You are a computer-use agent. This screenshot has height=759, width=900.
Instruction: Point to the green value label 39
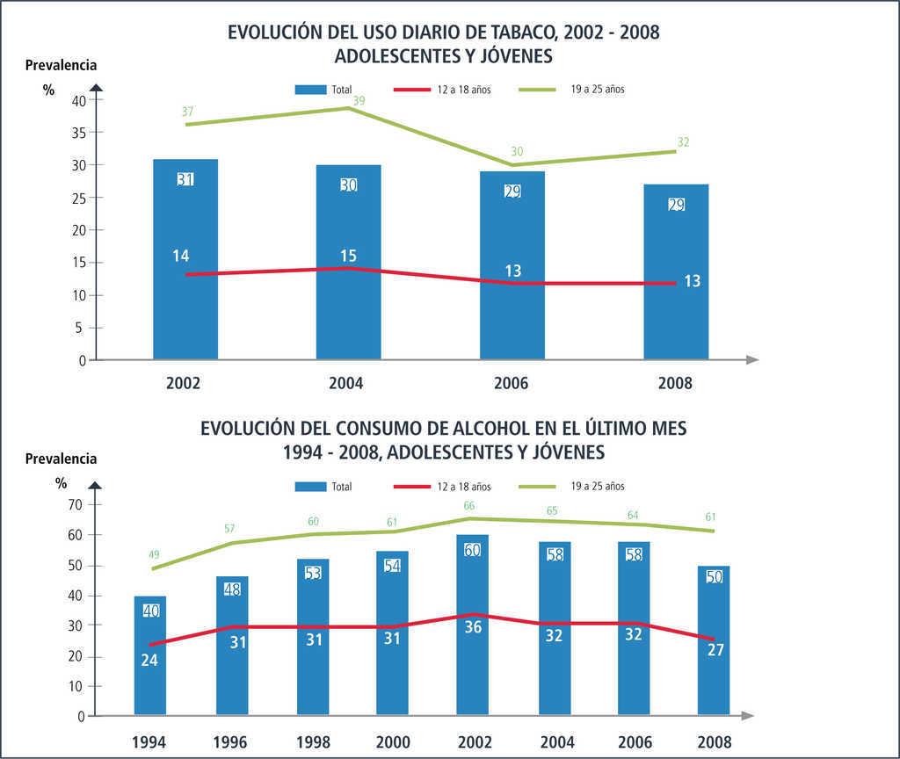(359, 100)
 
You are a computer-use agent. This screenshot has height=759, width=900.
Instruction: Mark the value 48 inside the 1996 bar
(232, 590)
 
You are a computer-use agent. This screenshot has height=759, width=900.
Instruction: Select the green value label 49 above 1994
(154, 555)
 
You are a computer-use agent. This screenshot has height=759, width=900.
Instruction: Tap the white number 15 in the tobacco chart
(348, 256)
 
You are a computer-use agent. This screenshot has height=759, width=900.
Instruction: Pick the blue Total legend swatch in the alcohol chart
(310, 486)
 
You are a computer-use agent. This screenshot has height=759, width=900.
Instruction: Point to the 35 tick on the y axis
(78, 133)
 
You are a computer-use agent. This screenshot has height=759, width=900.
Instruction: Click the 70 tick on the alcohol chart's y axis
(75, 505)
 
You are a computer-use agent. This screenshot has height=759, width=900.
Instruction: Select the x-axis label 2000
(392, 741)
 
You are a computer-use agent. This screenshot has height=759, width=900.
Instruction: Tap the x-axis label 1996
(230, 741)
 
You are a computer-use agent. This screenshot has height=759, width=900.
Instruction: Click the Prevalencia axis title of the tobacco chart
(61, 64)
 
